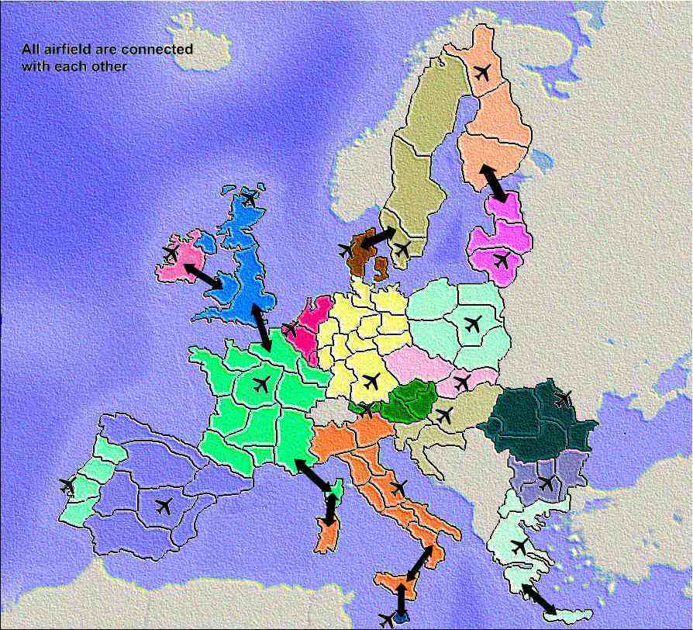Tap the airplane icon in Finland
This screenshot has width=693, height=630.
coord(482,73)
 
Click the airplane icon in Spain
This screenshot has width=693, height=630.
coord(164,507)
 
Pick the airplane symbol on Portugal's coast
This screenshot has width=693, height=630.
coord(68,486)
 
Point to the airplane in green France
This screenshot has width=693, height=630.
coord(261,383)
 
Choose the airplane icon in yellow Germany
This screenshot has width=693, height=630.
coord(371,381)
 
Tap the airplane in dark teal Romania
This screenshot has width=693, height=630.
coord(564,399)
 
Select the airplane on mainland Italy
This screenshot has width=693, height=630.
coord(398,488)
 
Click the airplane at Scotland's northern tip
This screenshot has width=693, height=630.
coord(250,199)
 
